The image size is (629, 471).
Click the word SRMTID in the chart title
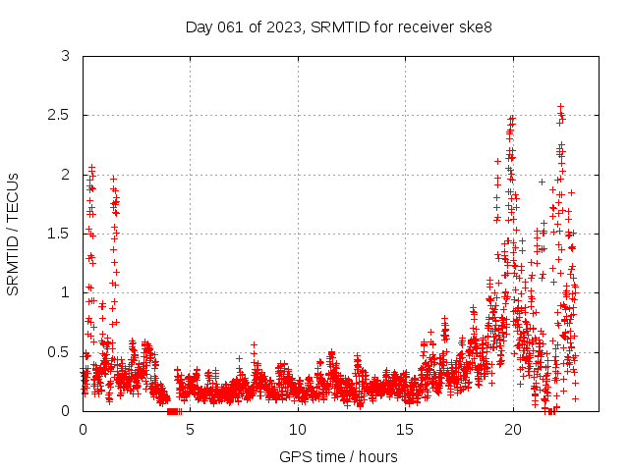click(x=338, y=26)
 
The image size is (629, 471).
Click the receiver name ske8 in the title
click(x=473, y=26)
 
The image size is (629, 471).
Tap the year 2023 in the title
click(x=286, y=26)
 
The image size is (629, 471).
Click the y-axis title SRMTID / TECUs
click(x=14, y=234)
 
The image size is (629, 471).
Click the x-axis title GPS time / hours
click(x=339, y=456)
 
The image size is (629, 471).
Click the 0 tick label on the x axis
click(x=83, y=429)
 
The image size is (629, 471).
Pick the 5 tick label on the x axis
click(x=190, y=429)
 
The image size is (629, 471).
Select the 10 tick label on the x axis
click(x=298, y=429)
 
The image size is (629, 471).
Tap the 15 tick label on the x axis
click(x=405, y=429)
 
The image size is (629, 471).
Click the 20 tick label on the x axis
click(x=513, y=429)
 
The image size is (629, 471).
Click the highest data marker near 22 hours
click(x=560, y=106)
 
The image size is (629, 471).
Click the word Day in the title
click(x=199, y=26)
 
